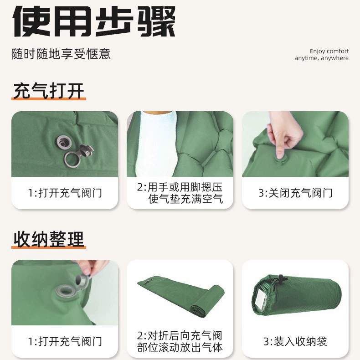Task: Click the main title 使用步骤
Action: (94, 21)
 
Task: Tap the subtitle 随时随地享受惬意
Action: (61, 54)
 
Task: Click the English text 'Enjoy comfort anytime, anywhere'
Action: (321, 55)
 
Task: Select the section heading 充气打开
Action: (49, 91)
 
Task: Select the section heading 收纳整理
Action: (49, 239)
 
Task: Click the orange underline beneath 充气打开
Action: (49, 99)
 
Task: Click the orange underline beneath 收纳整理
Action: (49, 247)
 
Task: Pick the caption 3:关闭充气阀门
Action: (295, 193)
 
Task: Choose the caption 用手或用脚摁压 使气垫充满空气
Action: (180, 193)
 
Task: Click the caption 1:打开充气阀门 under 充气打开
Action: (65, 193)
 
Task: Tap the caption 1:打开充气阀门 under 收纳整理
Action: (65, 341)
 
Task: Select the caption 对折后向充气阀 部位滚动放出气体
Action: (180, 341)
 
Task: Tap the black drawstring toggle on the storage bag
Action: (281, 279)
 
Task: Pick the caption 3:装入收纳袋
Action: (295, 341)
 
